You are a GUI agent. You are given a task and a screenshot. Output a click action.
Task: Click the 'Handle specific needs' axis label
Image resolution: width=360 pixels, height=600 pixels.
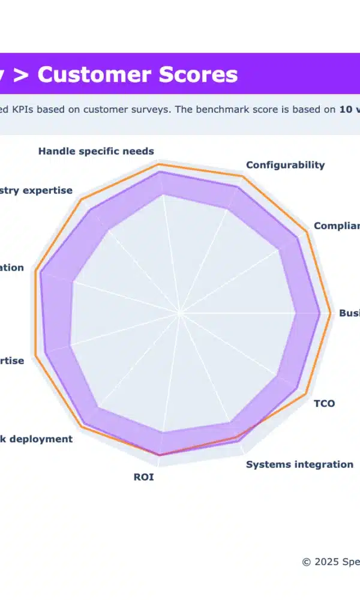(x=96, y=151)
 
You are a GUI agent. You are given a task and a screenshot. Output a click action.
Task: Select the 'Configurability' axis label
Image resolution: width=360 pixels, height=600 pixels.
(x=285, y=165)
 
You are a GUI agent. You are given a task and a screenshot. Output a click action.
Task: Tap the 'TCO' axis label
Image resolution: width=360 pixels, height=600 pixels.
(x=325, y=403)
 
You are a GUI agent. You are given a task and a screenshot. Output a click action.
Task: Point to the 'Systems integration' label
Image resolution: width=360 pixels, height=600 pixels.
(x=299, y=464)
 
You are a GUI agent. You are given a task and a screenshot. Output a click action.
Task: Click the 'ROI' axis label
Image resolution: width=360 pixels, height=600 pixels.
(x=143, y=478)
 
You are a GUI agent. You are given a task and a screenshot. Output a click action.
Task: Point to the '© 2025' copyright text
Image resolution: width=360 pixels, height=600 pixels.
(x=317, y=562)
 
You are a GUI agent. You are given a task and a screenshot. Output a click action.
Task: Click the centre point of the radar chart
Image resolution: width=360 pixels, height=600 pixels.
(x=179, y=313)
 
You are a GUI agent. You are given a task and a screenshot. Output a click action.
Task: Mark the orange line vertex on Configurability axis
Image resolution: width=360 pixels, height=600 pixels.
(x=242, y=176)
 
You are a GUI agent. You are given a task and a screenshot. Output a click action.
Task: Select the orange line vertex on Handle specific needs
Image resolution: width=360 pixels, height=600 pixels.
(x=158, y=163)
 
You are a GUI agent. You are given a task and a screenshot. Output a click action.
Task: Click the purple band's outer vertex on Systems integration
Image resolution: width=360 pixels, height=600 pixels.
(x=240, y=442)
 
